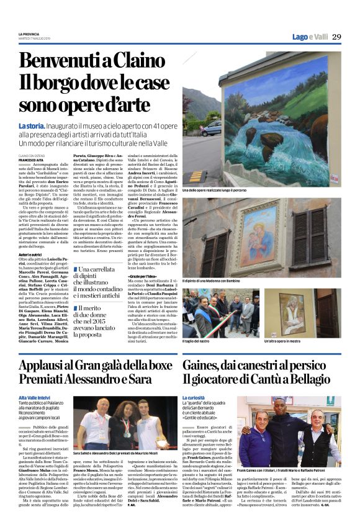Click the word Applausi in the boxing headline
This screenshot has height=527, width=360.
click(x=45, y=364)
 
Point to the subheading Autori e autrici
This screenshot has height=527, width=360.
click(x=30, y=254)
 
